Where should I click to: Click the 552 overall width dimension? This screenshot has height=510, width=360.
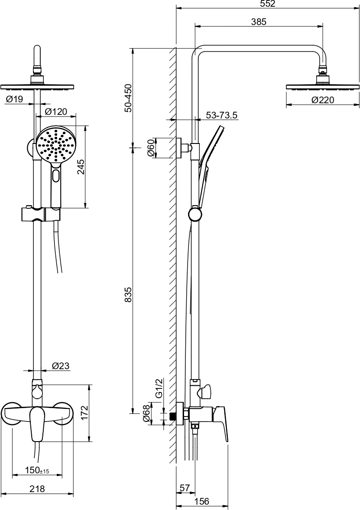point(268,4)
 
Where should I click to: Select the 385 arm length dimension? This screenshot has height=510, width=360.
point(259,22)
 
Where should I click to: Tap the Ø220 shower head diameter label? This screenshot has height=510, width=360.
point(322,100)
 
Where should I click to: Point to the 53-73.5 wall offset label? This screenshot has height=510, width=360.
point(222,115)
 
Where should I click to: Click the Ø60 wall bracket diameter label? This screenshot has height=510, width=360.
point(151,148)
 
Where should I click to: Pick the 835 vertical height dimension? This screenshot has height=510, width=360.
point(128,295)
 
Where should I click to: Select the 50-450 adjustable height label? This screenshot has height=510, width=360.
point(128,98)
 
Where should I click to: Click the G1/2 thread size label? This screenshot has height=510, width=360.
point(159,388)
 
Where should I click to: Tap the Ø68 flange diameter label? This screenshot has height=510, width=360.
point(147,413)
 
